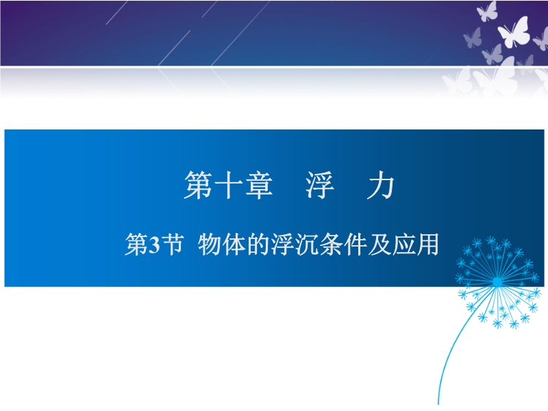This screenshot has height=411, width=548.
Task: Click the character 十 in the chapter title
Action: click(229, 186)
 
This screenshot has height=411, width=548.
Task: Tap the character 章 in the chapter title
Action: click(259, 186)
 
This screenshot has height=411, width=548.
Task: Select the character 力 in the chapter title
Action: click(381, 186)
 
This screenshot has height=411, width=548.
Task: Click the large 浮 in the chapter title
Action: click(320, 186)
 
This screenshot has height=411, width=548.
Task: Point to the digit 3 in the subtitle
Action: click(154, 245)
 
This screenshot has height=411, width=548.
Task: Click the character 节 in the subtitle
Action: click(173, 245)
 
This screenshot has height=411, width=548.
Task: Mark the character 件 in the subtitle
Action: click(355, 245)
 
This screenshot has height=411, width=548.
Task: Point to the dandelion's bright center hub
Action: click(497, 282)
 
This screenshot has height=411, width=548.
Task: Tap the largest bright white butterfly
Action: click(513, 32)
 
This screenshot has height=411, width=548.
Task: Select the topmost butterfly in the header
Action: click(487, 11)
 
